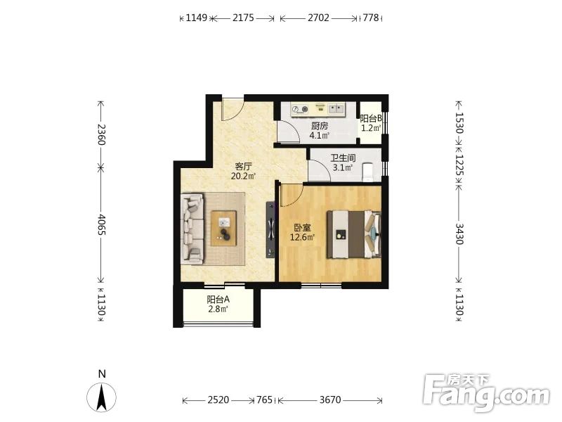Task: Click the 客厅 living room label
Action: (243, 167)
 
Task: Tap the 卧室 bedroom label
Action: (302, 227)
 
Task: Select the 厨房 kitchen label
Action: (320, 126)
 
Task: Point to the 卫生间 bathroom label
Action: (343, 158)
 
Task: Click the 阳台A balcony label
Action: (218, 300)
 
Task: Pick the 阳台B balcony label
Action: (371, 118)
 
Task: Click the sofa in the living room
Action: (192, 229)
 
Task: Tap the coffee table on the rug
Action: (223, 228)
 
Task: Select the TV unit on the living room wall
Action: (270, 230)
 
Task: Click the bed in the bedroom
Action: (354, 235)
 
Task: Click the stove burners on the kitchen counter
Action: (300, 109)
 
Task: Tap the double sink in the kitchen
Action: (336, 108)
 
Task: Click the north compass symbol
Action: (102, 397)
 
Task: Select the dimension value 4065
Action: (101, 224)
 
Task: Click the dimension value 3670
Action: (330, 399)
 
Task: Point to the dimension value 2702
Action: (318, 18)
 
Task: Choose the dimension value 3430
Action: (459, 234)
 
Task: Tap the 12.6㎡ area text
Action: (302, 237)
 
